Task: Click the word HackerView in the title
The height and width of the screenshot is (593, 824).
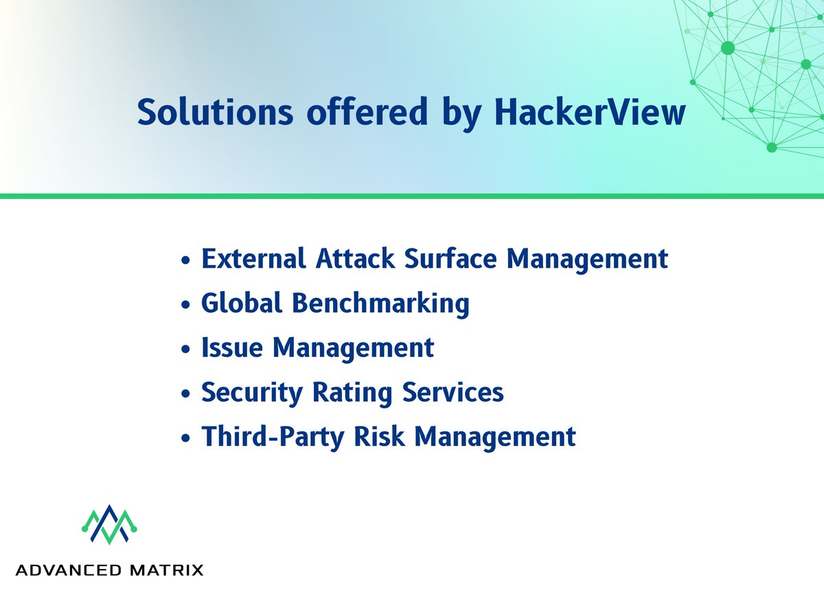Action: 590,113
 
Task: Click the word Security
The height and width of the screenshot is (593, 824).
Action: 251,393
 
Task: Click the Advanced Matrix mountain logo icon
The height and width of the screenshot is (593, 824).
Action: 111,526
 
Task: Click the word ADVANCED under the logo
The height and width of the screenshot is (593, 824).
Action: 66,570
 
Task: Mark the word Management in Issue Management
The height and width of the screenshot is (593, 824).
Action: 354,347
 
